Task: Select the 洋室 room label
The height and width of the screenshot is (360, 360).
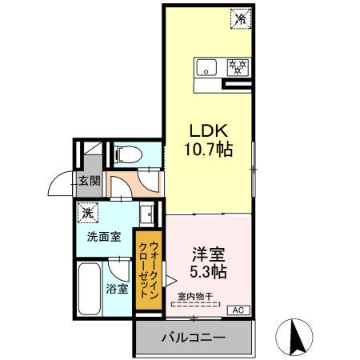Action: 206,255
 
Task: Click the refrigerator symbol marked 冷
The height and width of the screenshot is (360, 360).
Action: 240,17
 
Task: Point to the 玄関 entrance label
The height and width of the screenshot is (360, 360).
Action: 89,180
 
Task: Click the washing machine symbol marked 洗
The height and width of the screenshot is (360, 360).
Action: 86,213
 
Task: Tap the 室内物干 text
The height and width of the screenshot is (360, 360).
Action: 194,297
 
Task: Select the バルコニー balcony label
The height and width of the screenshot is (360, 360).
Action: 194,338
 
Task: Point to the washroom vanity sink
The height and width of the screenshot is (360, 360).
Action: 146,214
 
